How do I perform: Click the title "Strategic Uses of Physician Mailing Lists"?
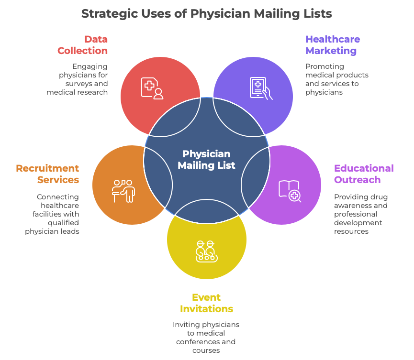(x=206, y=13)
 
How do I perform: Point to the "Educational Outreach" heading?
(x=363, y=174)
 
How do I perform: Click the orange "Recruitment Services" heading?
(x=48, y=174)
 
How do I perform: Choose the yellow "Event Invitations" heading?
(x=206, y=303)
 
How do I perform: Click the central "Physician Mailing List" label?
(x=206, y=160)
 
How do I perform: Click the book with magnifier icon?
(x=290, y=190)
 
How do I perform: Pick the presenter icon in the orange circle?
(x=123, y=190)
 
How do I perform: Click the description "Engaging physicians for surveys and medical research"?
(x=78, y=79)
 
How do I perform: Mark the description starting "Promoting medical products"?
(x=336, y=79)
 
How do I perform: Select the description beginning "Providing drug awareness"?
(x=360, y=214)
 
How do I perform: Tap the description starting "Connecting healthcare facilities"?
(x=53, y=214)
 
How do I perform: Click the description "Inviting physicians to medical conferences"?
(x=206, y=337)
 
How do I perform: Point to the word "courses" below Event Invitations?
(x=206, y=350)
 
